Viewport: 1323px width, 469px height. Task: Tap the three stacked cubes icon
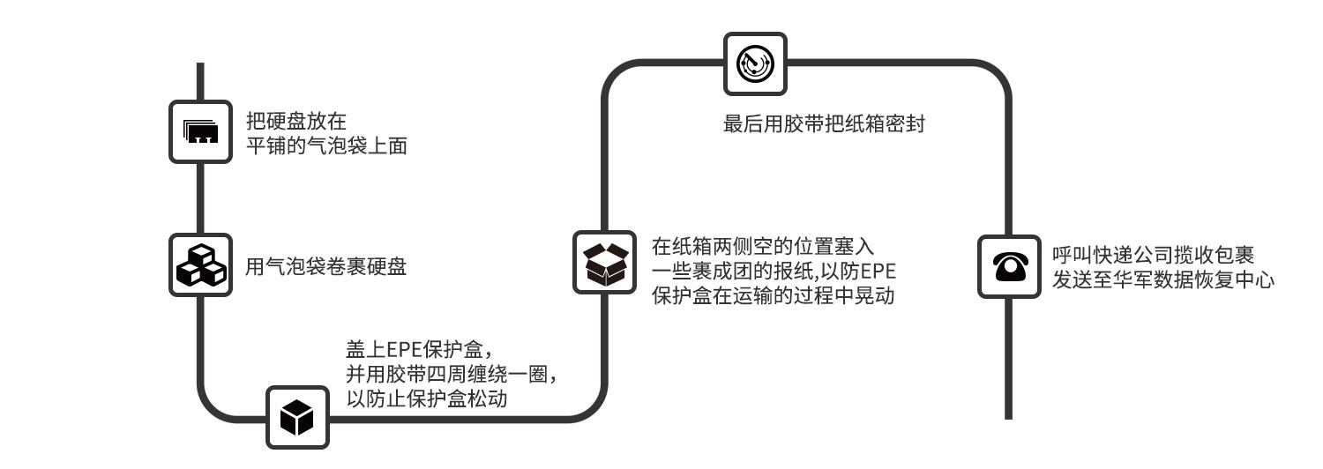(x=200, y=264)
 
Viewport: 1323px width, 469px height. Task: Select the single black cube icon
(x=297, y=417)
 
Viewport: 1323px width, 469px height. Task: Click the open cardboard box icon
(x=604, y=263)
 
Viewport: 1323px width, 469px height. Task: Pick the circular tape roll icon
(x=755, y=63)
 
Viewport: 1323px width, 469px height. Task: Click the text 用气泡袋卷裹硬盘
(x=326, y=267)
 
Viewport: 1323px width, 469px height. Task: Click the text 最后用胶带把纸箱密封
(x=823, y=124)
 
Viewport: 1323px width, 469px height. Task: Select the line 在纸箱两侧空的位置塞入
(x=763, y=244)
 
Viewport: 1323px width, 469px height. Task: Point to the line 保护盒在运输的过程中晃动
(x=774, y=295)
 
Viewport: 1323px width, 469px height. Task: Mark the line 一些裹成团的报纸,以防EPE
(x=774, y=270)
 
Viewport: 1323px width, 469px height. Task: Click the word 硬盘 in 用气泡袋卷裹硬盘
(x=387, y=267)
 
